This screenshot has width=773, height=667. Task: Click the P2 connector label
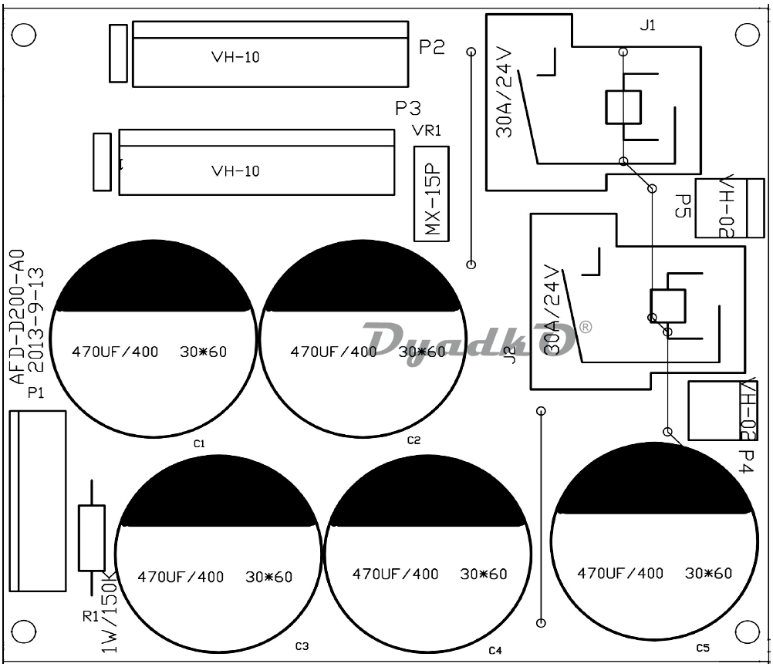(x=432, y=47)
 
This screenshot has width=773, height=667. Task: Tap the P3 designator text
(x=408, y=109)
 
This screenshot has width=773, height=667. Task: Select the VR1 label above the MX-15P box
(x=427, y=130)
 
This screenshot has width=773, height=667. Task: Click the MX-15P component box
(x=431, y=194)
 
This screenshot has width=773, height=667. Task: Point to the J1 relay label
(x=647, y=25)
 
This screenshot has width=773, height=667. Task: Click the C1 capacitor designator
(x=199, y=444)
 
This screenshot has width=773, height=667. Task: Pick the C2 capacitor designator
(x=414, y=440)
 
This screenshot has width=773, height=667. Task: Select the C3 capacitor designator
(x=302, y=646)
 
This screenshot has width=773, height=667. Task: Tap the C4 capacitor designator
(x=495, y=651)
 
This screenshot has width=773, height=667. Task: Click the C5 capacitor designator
(x=703, y=648)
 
